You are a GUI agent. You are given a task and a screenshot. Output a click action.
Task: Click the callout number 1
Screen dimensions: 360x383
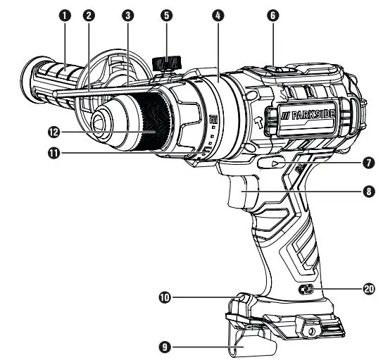click(x=65, y=14)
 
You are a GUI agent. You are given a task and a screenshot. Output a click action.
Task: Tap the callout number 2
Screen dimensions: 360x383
click(x=89, y=14)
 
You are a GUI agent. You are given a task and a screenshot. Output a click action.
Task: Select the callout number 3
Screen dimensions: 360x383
click(x=127, y=14)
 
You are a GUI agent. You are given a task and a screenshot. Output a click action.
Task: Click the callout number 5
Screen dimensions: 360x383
click(x=166, y=14)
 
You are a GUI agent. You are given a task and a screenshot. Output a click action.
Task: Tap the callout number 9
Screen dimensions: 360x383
click(x=163, y=347)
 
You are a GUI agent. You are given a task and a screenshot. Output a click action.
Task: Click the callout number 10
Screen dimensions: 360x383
click(x=163, y=298)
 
